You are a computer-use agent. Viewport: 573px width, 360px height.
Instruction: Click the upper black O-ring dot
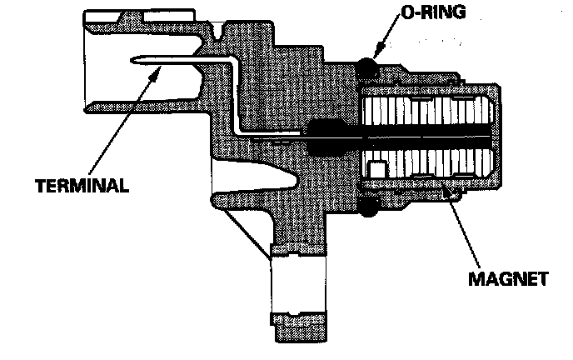[366, 67]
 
